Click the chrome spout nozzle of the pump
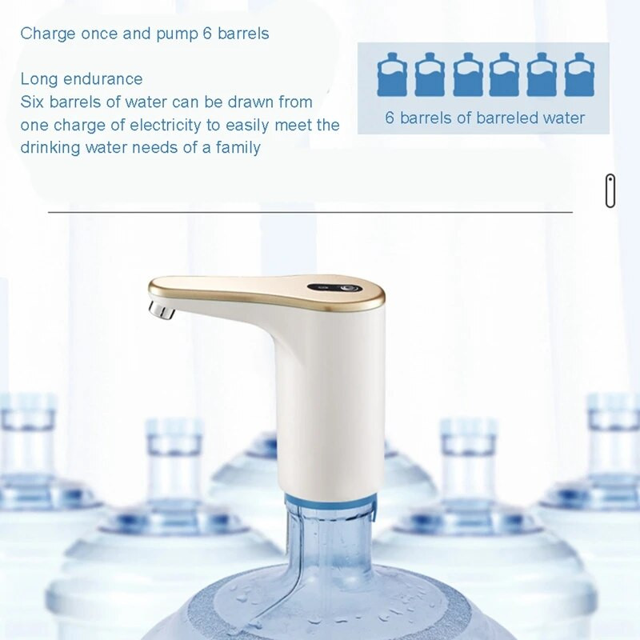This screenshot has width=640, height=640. point(162,310)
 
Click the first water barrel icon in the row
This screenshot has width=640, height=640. point(392,74)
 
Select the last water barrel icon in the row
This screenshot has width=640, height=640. point(579,74)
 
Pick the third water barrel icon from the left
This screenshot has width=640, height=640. point(467,74)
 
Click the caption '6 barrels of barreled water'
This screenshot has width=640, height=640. point(485,118)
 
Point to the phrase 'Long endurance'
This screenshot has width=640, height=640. point(82,79)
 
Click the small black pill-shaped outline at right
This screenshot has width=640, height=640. point(610,190)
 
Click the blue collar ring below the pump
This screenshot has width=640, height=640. point(330,502)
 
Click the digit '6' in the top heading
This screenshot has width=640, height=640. point(206,34)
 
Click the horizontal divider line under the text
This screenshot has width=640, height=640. point(310,212)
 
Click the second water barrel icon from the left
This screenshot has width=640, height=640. point(430,74)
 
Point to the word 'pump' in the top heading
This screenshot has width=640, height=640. point(177,34)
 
